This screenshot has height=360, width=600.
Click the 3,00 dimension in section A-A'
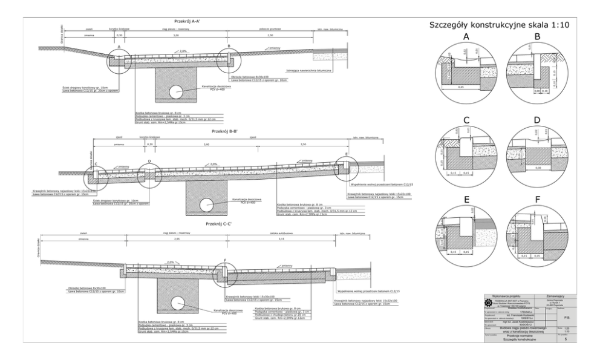175,36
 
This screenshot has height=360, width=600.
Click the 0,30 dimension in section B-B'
149,145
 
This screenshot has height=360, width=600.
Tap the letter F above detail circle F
537,200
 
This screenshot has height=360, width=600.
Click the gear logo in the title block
489,300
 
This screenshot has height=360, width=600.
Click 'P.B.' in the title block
565,315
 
